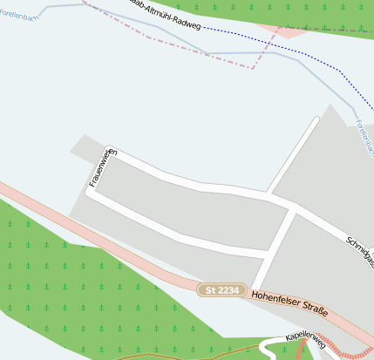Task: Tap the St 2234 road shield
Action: (x=221, y=289)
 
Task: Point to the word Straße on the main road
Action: (x=315, y=311)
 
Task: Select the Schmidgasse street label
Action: (x=359, y=252)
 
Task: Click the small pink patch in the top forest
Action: (x=288, y=30)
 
